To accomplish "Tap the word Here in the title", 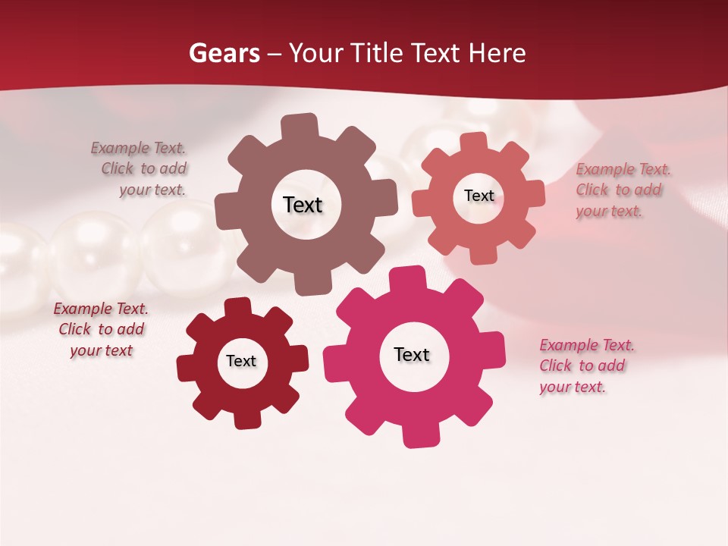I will (497, 53).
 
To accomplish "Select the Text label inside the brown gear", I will (303, 205).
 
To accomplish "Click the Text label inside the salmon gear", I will (479, 196).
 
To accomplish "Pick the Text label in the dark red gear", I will (241, 361).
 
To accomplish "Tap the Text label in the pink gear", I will (412, 354).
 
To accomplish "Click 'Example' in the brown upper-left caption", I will (120, 149).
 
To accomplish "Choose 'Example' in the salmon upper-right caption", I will (604, 170).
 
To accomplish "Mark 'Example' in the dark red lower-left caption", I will (83, 309).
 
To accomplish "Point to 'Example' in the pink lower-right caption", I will (568, 346).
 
